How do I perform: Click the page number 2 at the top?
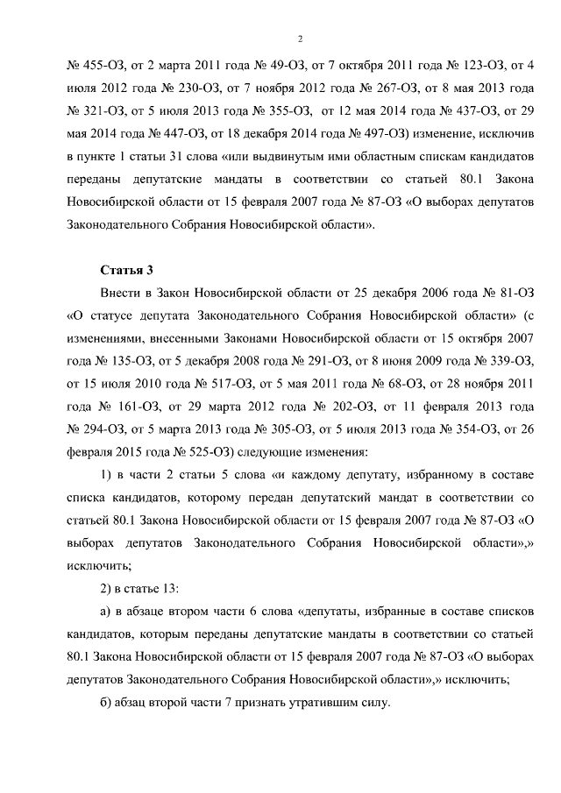click(x=300, y=39)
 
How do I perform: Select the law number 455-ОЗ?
click(x=97, y=66)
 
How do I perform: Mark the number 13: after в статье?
click(x=171, y=588)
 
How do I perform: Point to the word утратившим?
click(x=315, y=702)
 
